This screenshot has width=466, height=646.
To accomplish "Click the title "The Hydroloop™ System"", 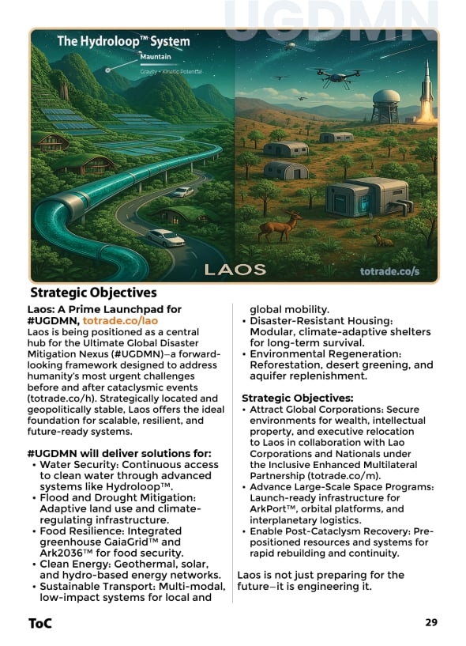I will (x=124, y=41).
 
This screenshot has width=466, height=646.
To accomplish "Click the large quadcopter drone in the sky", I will (x=333, y=77).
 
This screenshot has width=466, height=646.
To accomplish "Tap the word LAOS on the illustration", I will (x=235, y=269).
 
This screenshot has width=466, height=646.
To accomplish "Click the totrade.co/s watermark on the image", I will (x=389, y=270).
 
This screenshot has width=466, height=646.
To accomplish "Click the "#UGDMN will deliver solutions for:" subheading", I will (x=118, y=453).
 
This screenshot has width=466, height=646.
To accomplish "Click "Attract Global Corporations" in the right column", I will (x=318, y=410).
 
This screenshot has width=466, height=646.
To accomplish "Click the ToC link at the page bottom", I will (x=40, y=623).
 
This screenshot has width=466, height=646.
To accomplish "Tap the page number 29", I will (x=430, y=622).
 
